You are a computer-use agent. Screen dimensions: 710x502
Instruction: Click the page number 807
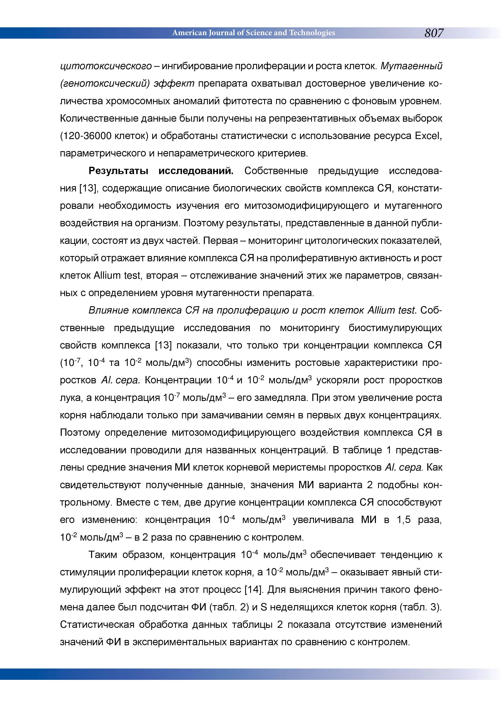[x=434, y=33]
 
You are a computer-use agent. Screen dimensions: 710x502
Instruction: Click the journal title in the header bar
[x=253, y=33]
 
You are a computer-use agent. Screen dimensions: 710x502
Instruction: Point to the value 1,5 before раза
[x=403, y=520]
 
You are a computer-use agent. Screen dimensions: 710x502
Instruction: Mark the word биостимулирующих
[x=395, y=328]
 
